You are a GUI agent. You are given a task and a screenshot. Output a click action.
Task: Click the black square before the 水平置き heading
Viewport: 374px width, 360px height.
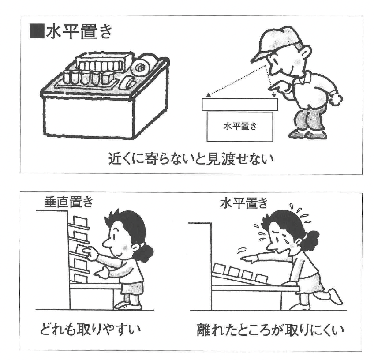point(37,31)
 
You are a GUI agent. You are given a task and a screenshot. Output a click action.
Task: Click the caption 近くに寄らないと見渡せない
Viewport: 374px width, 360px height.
point(191,159)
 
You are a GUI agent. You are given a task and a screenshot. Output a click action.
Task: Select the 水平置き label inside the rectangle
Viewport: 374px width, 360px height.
point(240,126)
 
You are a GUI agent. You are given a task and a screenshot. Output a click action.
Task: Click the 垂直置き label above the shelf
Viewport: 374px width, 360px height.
point(68,202)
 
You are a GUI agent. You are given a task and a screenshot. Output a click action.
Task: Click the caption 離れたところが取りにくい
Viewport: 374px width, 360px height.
point(270,330)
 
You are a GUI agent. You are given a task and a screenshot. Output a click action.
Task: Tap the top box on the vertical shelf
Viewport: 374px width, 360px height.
point(81,221)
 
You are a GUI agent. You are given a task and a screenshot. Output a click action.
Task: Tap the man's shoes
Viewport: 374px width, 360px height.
point(308,134)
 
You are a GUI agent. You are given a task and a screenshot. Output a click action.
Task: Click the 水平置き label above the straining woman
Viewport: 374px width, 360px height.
point(244,204)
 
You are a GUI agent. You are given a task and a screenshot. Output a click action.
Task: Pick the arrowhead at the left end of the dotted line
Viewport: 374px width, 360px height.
point(209,95)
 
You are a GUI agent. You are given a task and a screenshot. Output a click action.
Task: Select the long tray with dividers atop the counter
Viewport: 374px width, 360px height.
point(104,63)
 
